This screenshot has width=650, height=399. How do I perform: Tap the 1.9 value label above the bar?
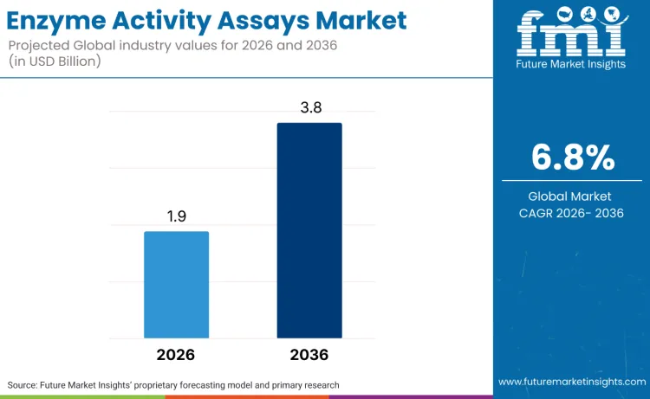tap(177, 217)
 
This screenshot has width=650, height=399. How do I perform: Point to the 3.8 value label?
tap(309, 107)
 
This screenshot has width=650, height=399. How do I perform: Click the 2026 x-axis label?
tap(176, 355)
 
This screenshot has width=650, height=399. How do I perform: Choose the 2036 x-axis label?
tap(309, 355)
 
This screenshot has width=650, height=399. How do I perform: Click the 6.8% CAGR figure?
tap(572, 158)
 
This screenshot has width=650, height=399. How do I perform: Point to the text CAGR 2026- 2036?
tap(572, 214)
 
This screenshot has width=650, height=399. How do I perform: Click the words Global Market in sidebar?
tap(572, 196)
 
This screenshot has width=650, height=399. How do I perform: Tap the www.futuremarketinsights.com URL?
tap(572, 382)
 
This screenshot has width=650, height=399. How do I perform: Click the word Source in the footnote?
tap(25, 384)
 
